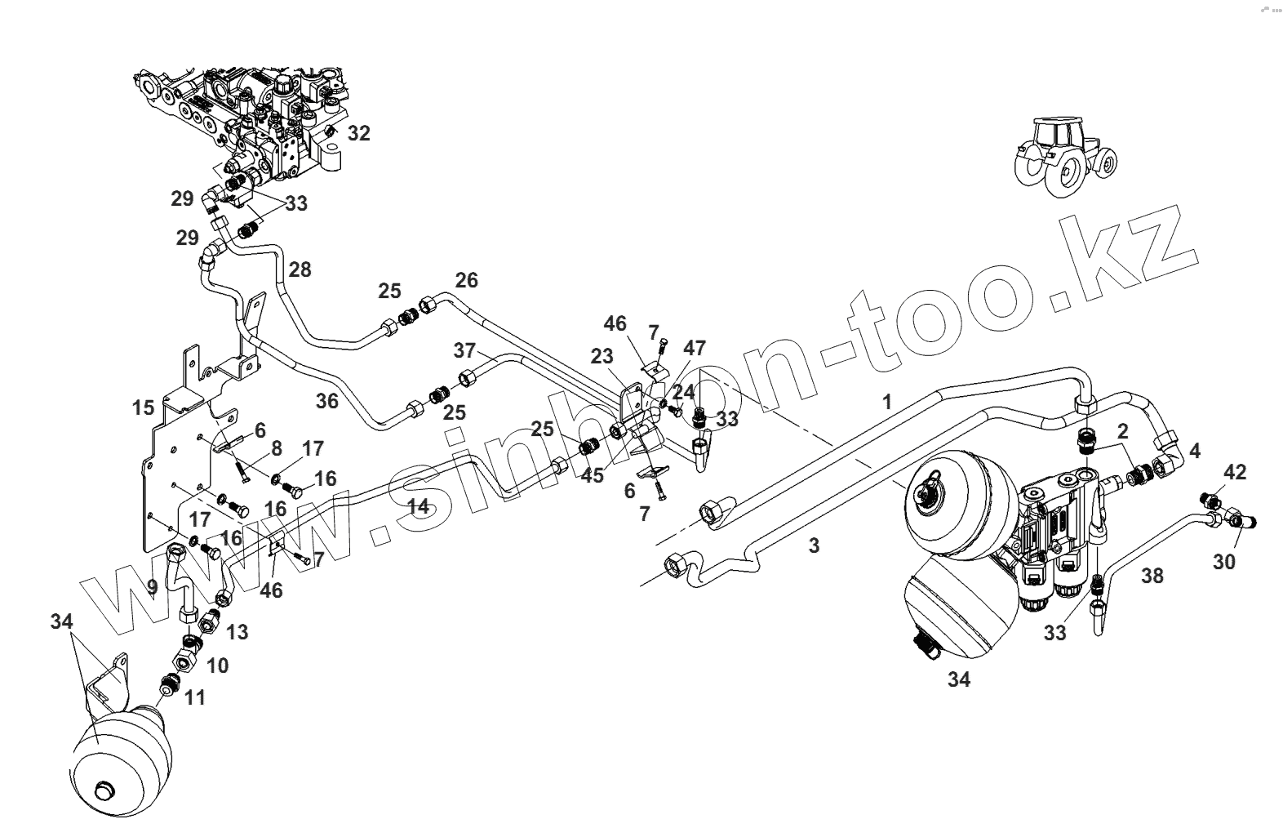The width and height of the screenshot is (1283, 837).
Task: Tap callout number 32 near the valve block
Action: coord(358,133)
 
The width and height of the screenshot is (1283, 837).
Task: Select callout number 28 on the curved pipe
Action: coord(300,269)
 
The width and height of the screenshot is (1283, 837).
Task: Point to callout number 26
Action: coord(466,280)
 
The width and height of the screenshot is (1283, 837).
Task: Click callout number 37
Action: coord(464,350)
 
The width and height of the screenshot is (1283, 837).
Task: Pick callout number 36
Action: coord(326,401)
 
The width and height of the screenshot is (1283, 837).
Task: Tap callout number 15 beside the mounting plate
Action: coord(144,406)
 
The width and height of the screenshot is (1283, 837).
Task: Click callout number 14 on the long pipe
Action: coord(418,506)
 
